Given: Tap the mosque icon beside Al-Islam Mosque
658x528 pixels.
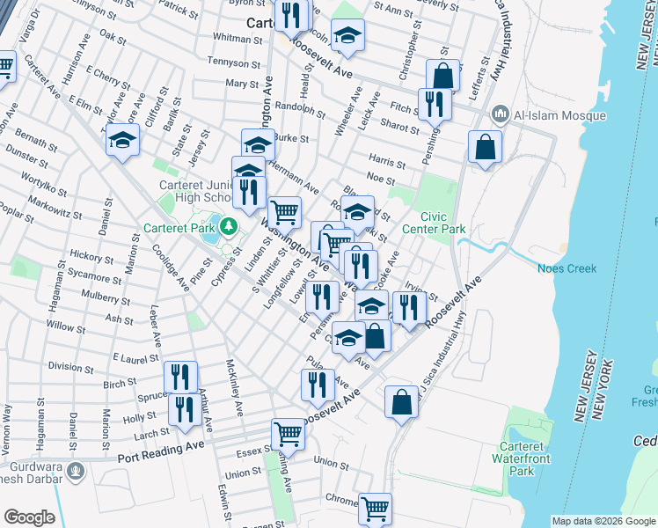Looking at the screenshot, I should click(500, 114).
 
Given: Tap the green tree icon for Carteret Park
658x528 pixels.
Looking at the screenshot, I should click(229, 227).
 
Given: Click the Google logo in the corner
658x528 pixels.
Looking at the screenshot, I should click(29, 517).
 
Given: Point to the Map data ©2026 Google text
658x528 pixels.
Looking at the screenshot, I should click(603, 521).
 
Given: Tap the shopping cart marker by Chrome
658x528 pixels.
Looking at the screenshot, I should click(375, 508).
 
